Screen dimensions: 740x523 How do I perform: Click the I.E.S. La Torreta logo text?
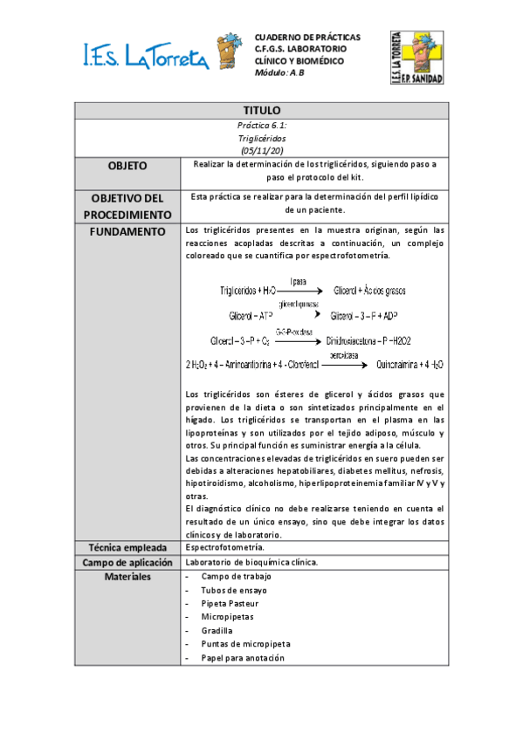(145, 57)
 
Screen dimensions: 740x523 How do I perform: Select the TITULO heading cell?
(261, 111)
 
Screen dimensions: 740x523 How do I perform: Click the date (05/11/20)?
(261, 150)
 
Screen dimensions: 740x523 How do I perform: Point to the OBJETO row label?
(127, 166)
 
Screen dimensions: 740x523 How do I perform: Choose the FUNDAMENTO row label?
(127, 231)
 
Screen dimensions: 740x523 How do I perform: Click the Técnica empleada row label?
(127, 547)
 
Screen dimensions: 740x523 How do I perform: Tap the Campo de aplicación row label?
(127, 562)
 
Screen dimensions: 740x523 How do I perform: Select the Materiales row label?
(127, 577)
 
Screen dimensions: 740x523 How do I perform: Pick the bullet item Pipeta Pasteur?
(230, 603)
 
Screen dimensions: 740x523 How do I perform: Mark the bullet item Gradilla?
(217, 630)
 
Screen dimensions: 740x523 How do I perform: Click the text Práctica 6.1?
(261, 127)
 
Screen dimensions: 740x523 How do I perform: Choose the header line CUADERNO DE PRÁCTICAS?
(306, 38)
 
